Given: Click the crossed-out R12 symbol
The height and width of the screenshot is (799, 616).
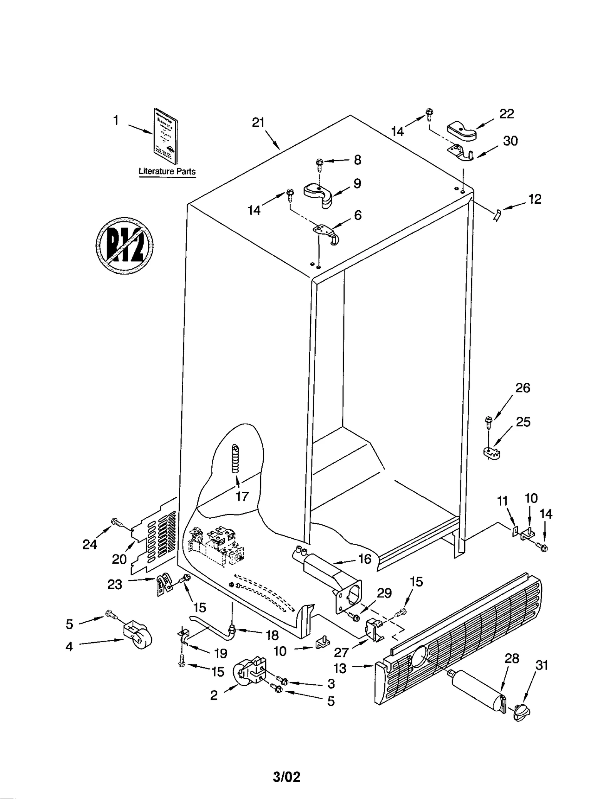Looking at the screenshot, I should click(x=124, y=245).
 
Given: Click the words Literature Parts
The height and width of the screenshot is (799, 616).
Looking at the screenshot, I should click(x=167, y=171).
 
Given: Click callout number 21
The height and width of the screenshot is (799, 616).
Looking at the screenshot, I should click(x=258, y=122).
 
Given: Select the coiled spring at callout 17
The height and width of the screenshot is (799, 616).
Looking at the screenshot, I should click(x=236, y=459).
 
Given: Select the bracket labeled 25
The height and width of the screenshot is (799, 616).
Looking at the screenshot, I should click(x=491, y=453).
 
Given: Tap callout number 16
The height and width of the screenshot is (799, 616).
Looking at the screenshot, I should click(x=365, y=559).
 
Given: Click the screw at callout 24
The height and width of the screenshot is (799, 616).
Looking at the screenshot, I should click(x=116, y=523).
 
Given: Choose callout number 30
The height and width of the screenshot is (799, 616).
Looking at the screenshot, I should click(x=510, y=141).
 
